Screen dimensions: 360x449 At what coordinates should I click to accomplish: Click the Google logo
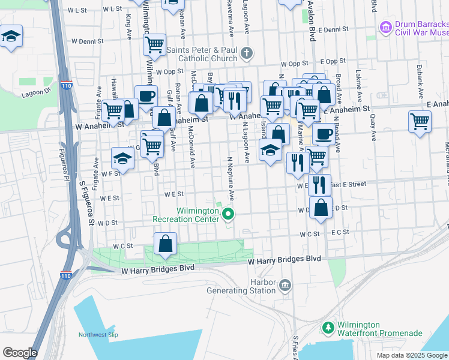coord(20,353)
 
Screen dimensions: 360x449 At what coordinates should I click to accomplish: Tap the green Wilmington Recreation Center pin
coord(228,213)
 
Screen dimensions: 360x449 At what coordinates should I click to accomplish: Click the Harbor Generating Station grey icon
coord(286,284)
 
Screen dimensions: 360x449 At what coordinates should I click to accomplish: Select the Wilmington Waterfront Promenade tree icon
coord(328,328)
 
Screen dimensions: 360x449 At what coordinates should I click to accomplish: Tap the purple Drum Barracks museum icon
coord(385,27)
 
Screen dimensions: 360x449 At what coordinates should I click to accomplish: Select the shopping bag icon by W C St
coord(165,244)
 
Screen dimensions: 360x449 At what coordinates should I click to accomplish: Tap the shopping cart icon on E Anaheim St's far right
coord(420,121)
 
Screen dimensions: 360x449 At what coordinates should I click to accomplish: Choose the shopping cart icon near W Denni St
coord(155,44)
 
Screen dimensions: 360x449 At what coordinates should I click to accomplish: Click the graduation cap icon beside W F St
coord(122,159)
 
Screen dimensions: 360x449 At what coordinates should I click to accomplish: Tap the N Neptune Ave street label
coord(230,181)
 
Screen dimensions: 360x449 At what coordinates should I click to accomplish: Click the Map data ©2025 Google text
coord(411,355)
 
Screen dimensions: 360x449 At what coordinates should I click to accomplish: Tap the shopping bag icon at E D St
coord(322,208)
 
